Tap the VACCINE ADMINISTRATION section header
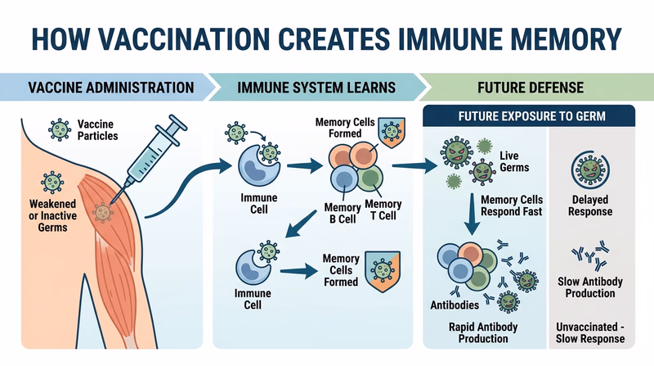111,87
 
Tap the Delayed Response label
594,205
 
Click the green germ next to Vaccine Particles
59,129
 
